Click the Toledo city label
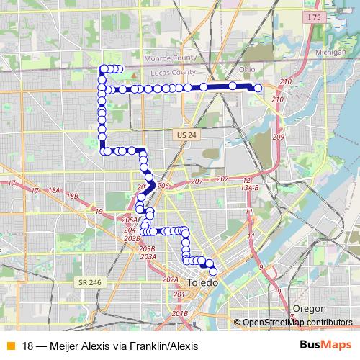pos(201,284)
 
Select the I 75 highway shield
pos(312,17)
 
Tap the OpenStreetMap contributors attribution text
pos(297,323)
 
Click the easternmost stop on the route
pos(258,88)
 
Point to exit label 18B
pos(71,196)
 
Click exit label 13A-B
pos(249,187)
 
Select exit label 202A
pos(170,279)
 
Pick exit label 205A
pos(130,220)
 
